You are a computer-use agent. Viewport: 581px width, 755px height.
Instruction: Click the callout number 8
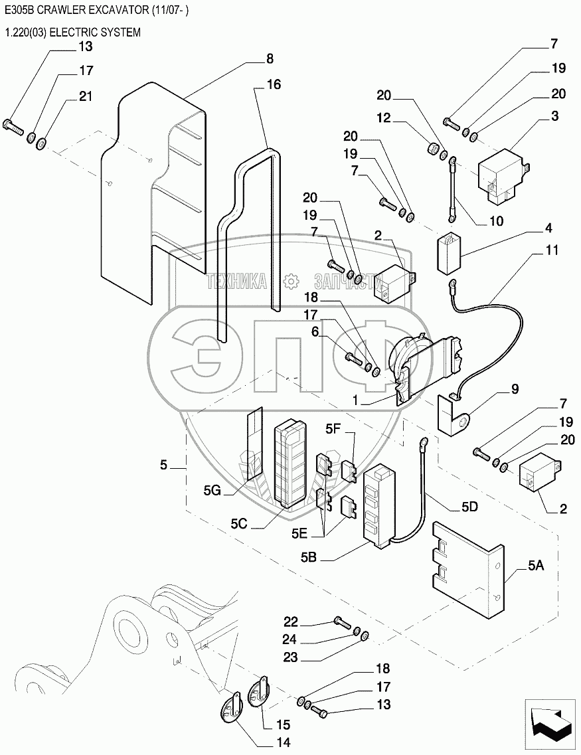point(269,58)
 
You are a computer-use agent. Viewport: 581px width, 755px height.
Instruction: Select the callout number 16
point(274,84)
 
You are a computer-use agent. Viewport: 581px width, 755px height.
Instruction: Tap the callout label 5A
point(536,566)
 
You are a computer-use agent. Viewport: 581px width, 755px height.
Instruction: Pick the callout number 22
point(291,622)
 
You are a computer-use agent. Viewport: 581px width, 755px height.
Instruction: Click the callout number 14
point(283,742)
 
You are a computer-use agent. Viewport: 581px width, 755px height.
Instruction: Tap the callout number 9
point(533,389)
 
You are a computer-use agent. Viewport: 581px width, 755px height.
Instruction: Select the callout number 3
point(554,116)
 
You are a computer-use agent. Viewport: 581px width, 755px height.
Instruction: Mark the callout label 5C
point(239,523)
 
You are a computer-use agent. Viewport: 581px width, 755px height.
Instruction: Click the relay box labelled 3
point(501,174)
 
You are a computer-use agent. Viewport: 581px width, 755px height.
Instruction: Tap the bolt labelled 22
point(342,622)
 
